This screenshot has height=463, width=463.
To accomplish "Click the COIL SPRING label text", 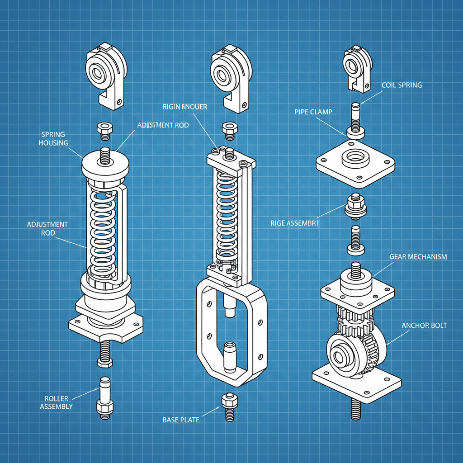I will (402, 85).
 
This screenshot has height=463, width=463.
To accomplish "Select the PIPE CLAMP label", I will (313, 112).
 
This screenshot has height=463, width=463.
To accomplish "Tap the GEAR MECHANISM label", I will (418, 257).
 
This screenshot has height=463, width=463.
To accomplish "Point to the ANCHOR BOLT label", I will (424, 326).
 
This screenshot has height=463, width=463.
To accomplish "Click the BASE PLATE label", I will (181, 420).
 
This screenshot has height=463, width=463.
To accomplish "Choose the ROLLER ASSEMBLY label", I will (57, 402).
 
